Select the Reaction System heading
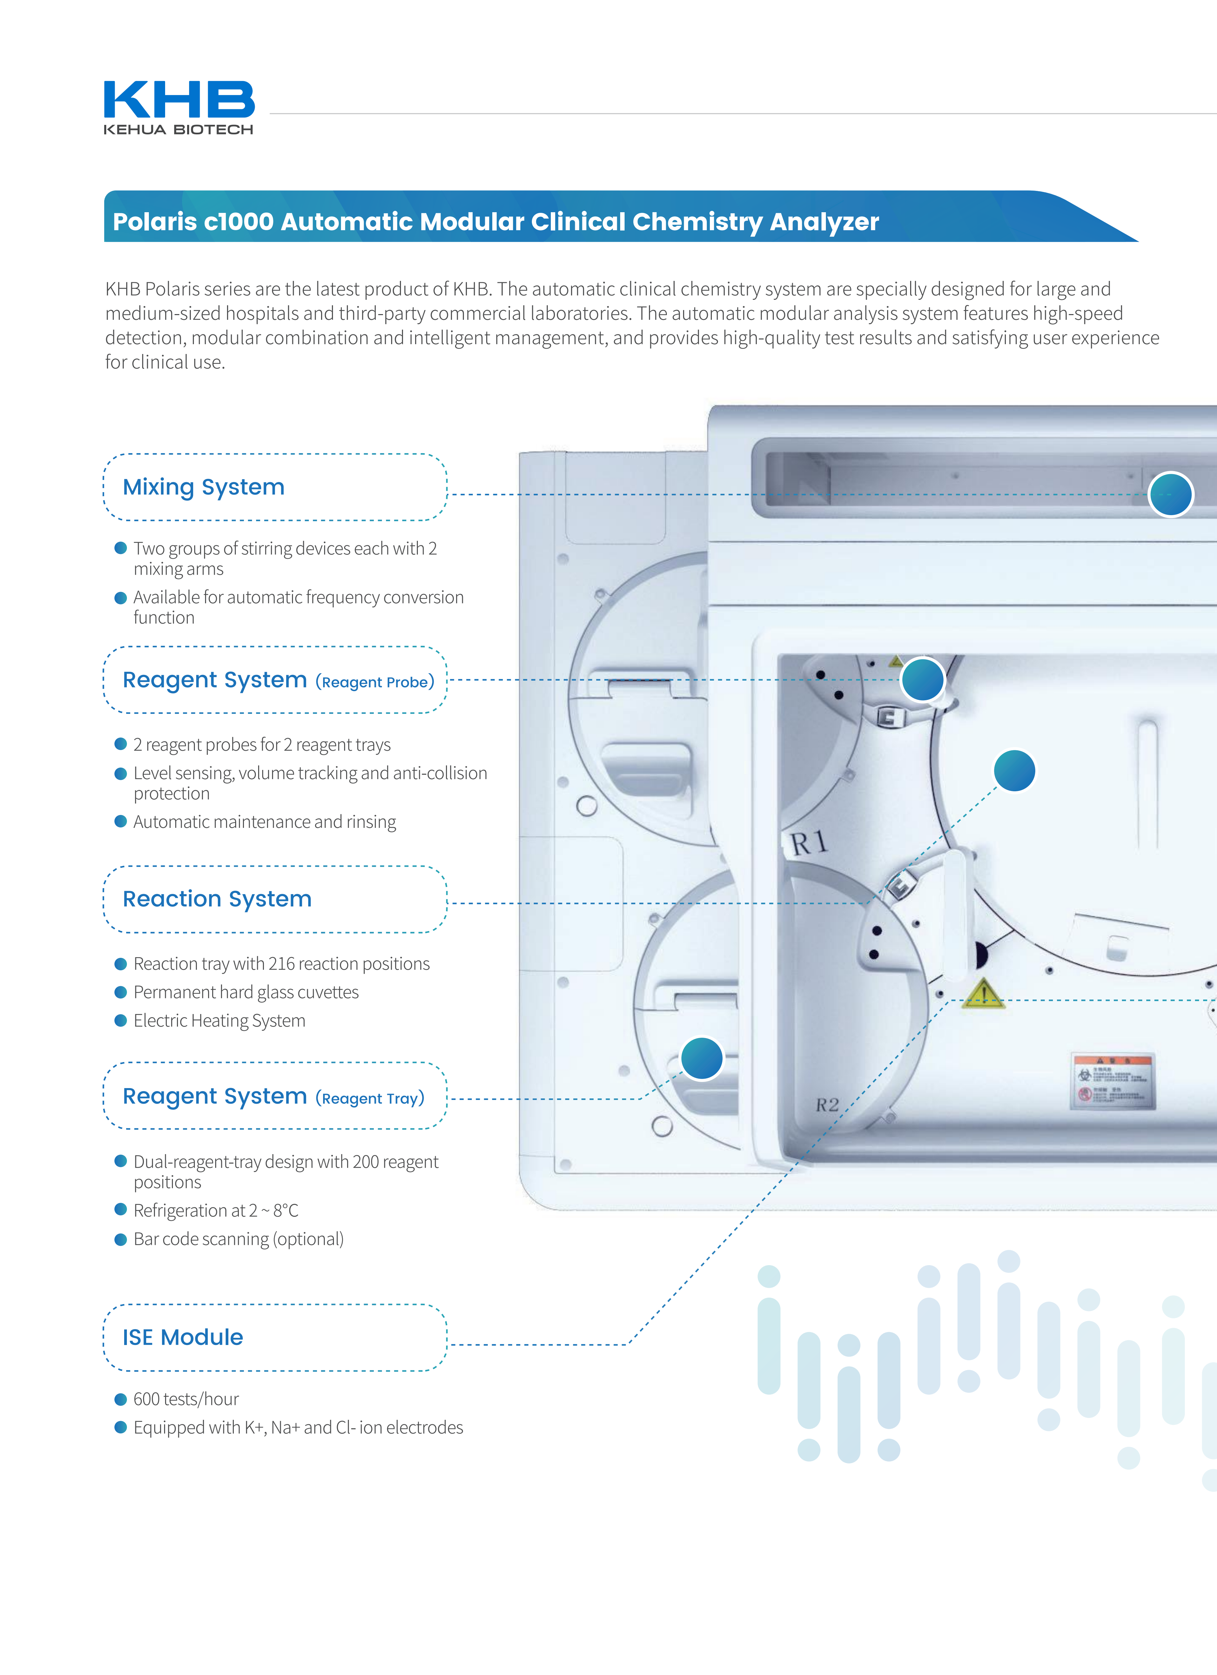(x=217, y=899)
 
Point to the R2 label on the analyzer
(x=827, y=1105)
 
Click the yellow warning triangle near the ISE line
(x=983, y=994)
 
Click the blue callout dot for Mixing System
(x=1170, y=494)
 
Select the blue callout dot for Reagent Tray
(x=702, y=1058)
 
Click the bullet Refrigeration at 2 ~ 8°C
(x=216, y=1210)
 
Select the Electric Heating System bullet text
(x=219, y=1021)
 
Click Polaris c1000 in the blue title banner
(x=194, y=222)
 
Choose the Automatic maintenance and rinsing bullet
(x=264, y=822)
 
